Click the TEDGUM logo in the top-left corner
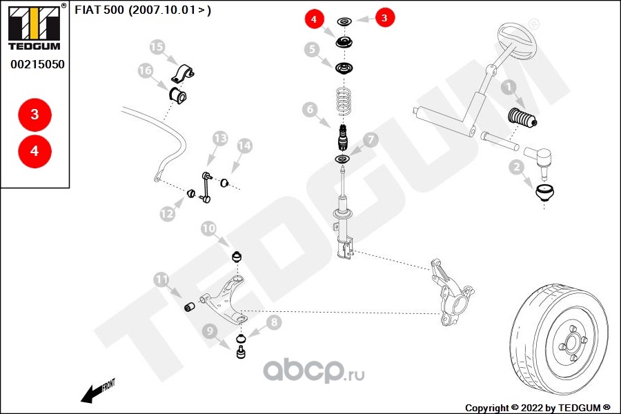35,27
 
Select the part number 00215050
38,64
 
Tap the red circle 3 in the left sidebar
35,115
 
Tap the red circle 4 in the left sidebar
35,151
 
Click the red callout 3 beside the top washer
384,18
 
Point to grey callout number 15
157,47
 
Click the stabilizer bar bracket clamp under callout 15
183,73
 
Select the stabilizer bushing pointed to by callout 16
178,95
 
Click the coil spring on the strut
344,102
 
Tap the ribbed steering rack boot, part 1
522,118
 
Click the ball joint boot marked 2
544,193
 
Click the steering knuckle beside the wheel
451,291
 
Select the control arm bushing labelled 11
190,306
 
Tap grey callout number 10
208,228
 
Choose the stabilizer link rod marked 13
206,188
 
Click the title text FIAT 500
99,10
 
